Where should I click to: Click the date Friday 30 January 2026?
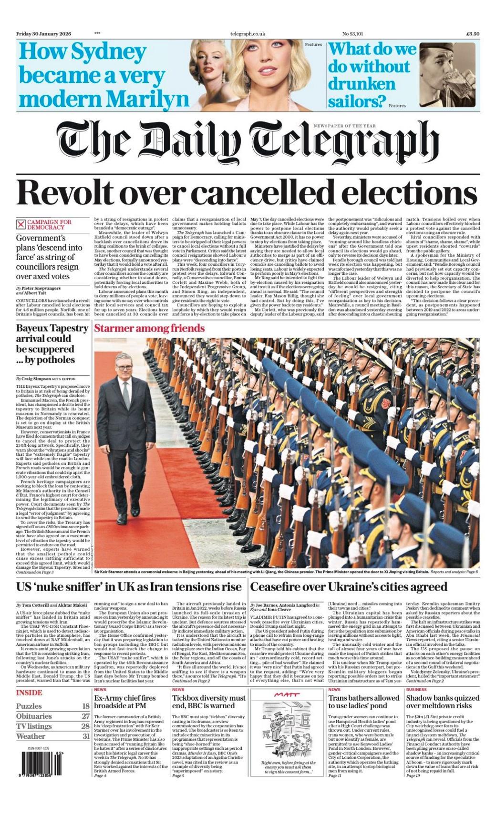click(x=43, y=34)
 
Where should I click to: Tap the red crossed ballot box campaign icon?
click(x=21, y=224)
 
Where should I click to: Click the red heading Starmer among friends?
click(x=149, y=328)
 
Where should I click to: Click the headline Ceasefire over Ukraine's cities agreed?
click(x=349, y=587)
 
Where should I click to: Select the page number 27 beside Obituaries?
click(x=85, y=716)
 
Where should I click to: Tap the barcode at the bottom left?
click(x=40, y=763)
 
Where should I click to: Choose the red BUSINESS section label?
click(x=416, y=689)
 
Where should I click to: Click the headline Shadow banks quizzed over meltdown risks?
click(x=443, y=702)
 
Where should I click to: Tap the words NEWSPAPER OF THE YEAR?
click(x=344, y=126)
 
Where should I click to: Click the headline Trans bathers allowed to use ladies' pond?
click(x=363, y=702)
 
